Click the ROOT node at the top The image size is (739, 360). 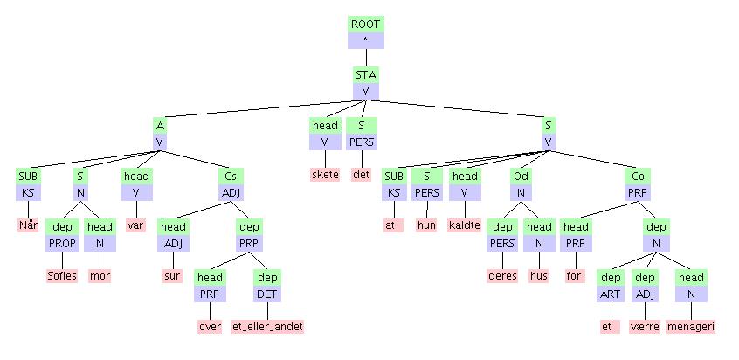tap(365, 31)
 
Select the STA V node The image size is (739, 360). tap(365, 82)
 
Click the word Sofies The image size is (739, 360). tap(62, 276)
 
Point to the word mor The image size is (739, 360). tap(102, 276)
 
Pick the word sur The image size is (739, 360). tap(171, 276)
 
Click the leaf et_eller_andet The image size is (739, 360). tap(267, 327)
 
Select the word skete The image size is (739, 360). tap(325, 175)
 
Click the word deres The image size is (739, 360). tap(501, 276)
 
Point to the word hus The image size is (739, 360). tap(539, 276)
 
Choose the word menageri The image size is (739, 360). tap(691, 327)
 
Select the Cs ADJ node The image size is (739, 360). tap(231, 183)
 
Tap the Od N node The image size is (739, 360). tap(520, 183)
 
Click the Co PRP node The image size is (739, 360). tap(636, 183)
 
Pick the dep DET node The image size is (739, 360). tap(267, 285)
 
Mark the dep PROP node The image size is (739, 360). tap(62, 234)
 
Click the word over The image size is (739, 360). tap(209, 327)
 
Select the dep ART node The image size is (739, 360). tap(608, 285)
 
